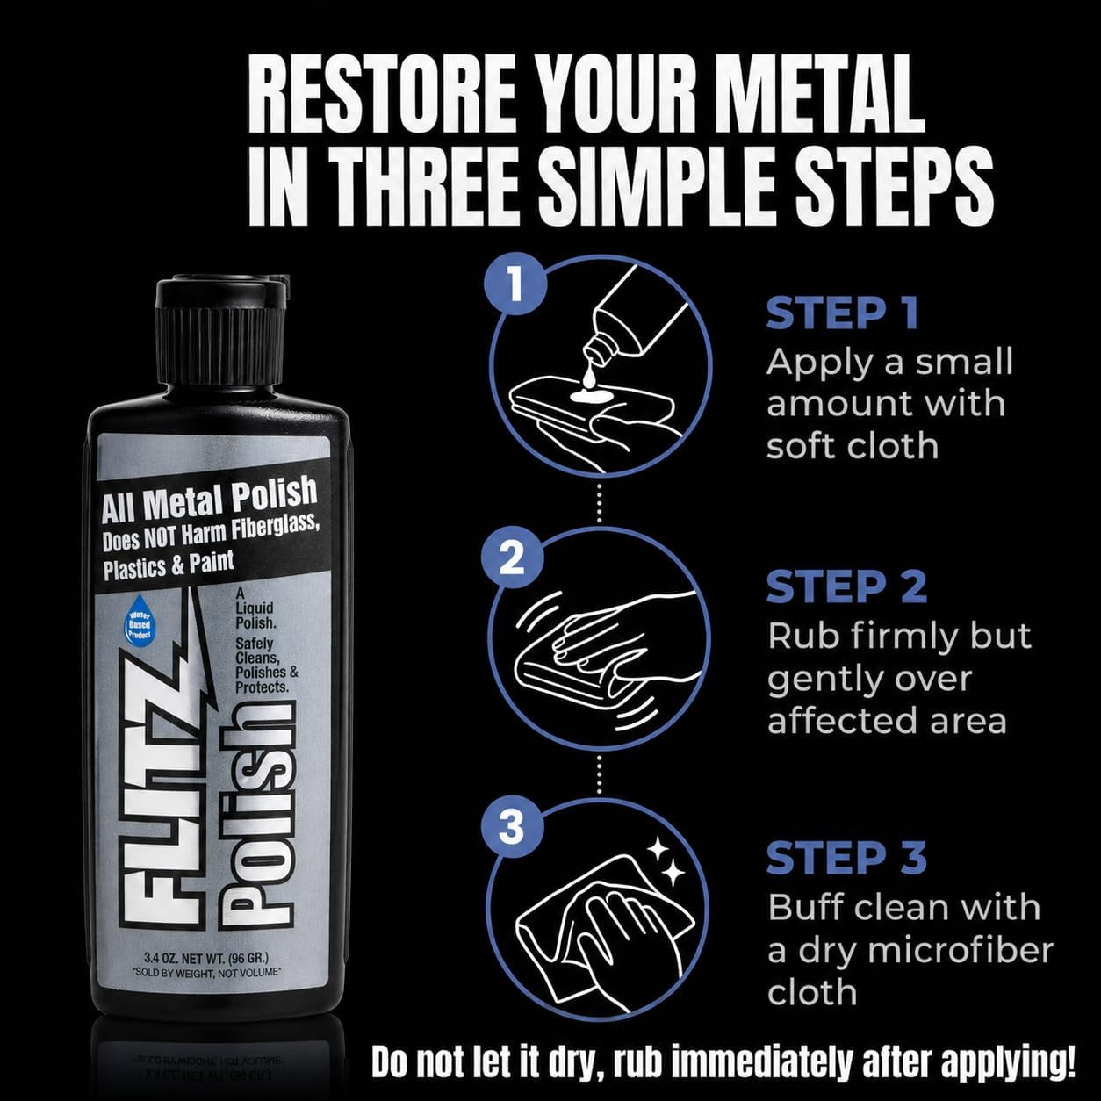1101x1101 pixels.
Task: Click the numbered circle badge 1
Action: (515, 283)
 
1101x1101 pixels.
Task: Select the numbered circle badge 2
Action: (511, 558)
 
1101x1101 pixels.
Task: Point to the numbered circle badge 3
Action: (511, 827)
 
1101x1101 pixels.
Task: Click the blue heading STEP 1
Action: (842, 313)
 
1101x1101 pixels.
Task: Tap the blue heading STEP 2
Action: (846, 586)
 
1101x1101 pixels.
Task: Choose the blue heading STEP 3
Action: (846, 857)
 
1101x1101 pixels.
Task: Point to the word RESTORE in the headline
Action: (378, 94)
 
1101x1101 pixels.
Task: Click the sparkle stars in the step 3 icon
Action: (665, 861)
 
